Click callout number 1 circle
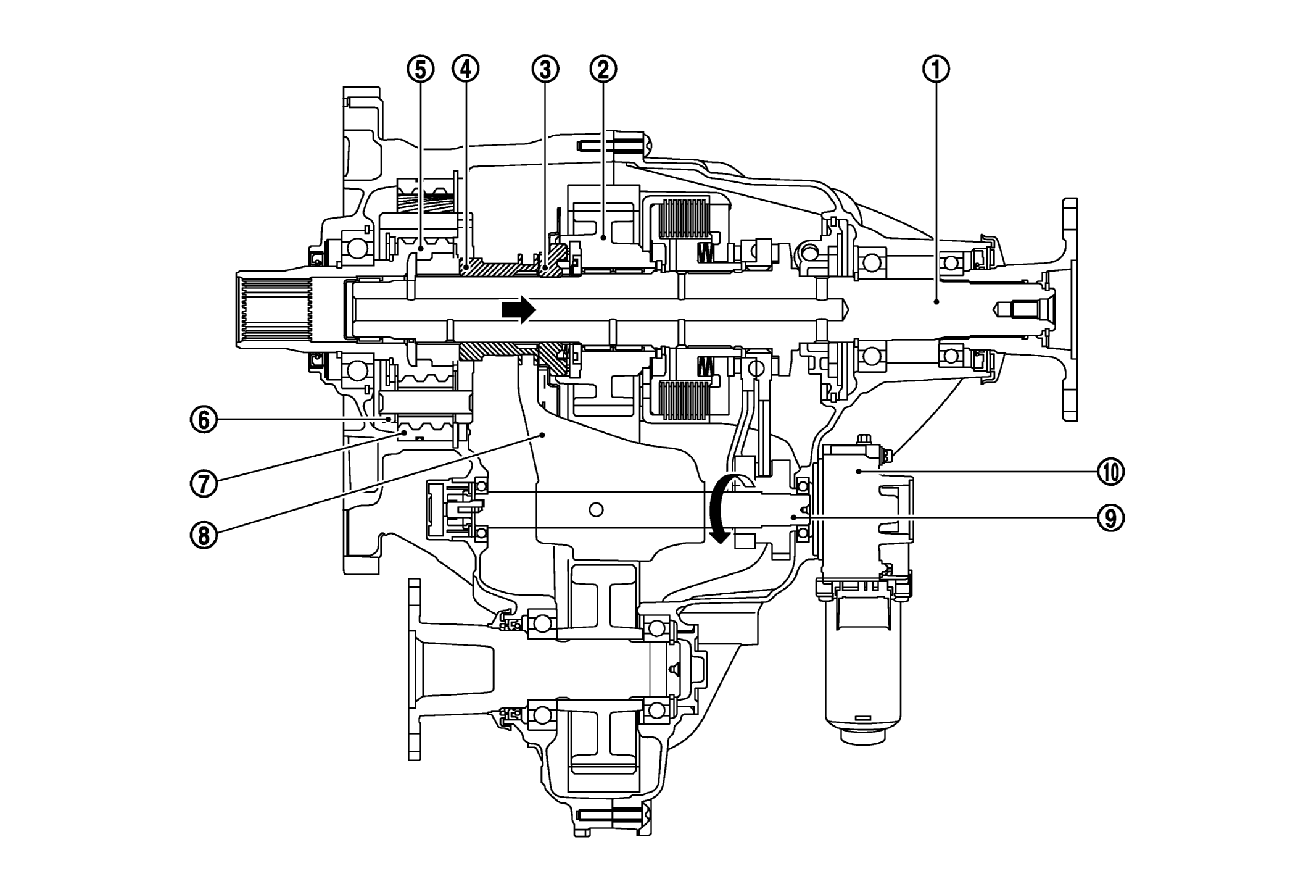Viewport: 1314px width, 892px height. [936, 70]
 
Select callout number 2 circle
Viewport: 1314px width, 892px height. [603, 70]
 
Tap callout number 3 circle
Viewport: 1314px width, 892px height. [545, 70]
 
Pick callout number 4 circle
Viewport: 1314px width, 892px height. [466, 70]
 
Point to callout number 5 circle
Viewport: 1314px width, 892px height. [420, 70]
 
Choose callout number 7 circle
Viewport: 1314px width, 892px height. [204, 483]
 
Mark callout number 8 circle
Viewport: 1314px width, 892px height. [204, 535]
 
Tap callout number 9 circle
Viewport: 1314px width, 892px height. [1110, 518]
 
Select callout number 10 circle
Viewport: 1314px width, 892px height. [1110, 472]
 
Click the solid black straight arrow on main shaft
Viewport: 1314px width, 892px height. [518, 309]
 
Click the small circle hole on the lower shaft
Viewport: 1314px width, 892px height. [595, 509]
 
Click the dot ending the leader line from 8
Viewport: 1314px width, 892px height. [542, 435]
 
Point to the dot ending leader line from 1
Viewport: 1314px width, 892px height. [936, 301]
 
